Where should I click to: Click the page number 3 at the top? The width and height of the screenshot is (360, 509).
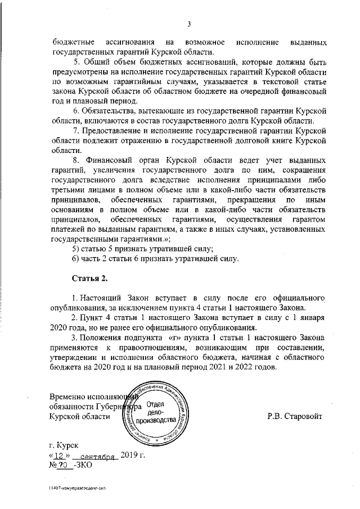pos(190,23)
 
